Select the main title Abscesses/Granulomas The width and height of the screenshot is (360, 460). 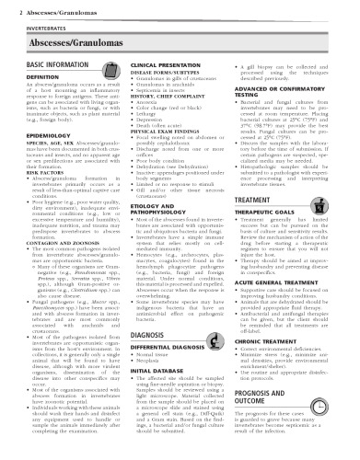tap(58, 42)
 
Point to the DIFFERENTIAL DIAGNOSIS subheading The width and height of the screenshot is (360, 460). tap(172, 375)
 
